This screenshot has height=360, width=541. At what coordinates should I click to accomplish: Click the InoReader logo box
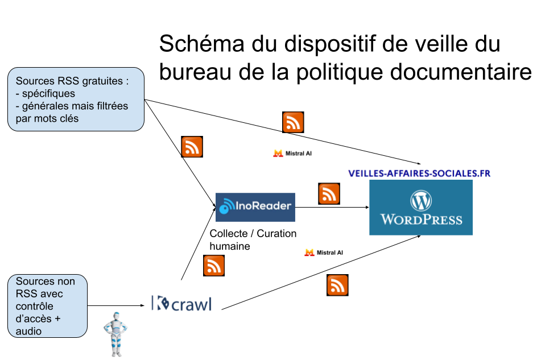[x=255, y=207]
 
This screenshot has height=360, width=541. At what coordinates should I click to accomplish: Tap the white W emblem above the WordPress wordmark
[x=421, y=200]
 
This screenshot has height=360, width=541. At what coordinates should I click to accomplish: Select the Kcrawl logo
[x=181, y=304]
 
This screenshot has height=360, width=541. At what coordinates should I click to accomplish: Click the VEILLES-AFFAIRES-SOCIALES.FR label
[x=419, y=173]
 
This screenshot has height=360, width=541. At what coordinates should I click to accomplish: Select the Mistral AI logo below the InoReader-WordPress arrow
[x=324, y=253]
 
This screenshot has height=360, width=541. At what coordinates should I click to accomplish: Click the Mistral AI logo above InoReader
[x=292, y=154]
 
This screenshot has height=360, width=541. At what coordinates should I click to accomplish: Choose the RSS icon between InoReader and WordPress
[x=329, y=193]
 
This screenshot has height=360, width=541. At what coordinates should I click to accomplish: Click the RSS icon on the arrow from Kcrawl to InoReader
[x=214, y=266]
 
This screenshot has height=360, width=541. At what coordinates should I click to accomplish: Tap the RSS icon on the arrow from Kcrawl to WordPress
[x=337, y=285]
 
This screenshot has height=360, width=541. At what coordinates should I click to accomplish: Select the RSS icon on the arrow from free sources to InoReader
[x=192, y=147]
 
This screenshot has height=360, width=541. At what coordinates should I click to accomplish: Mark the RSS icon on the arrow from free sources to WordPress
[x=293, y=122]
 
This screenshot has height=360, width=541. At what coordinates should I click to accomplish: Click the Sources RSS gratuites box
[x=76, y=100]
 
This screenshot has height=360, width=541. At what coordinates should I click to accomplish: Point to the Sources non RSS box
[x=48, y=306]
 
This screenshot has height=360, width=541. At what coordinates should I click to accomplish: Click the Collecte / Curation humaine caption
[x=253, y=239]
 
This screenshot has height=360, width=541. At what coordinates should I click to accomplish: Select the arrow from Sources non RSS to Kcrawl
[x=116, y=305]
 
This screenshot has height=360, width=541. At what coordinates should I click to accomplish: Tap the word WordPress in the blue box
[x=422, y=220]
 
